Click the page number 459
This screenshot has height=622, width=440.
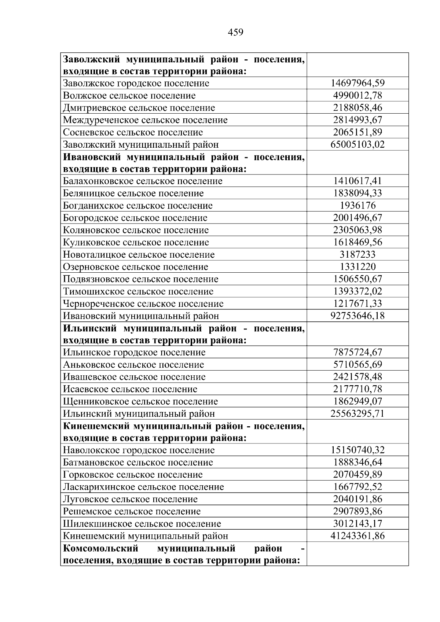pyautogui.click(x=235, y=33)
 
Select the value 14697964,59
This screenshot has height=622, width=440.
pyautogui.click(x=357, y=83)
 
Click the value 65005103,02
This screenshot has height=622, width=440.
pyautogui.click(x=357, y=144)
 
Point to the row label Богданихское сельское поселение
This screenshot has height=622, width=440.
pyautogui.click(x=137, y=206)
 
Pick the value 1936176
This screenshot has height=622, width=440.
pyautogui.click(x=357, y=206)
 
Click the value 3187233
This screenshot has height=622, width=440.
pyautogui.click(x=357, y=255)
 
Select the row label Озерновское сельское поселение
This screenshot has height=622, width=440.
pyautogui.click(x=135, y=267)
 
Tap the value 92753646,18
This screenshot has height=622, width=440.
pyautogui.click(x=357, y=316)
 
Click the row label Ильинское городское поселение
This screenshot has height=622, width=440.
pyautogui.click(x=134, y=353)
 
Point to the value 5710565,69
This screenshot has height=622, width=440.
pyautogui.click(x=357, y=365)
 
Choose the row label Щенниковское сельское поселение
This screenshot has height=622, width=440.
pyautogui.click(x=140, y=401)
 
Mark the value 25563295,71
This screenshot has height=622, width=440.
pyautogui.click(x=357, y=414)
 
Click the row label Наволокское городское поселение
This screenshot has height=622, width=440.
pyautogui.click(x=139, y=450)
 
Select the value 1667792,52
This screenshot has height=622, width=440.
pyautogui.click(x=357, y=487)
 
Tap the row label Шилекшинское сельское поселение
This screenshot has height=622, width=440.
pyautogui.click(x=142, y=524)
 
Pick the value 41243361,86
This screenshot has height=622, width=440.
pyautogui.click(x=357, y=536)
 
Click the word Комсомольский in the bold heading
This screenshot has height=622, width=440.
pyautogui.click(x=101, y=549)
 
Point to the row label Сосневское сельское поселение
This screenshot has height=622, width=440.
pyautogui.click(x=133, y=132)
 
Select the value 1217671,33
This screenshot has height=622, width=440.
pyautogui.click(x=357, y=303)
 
